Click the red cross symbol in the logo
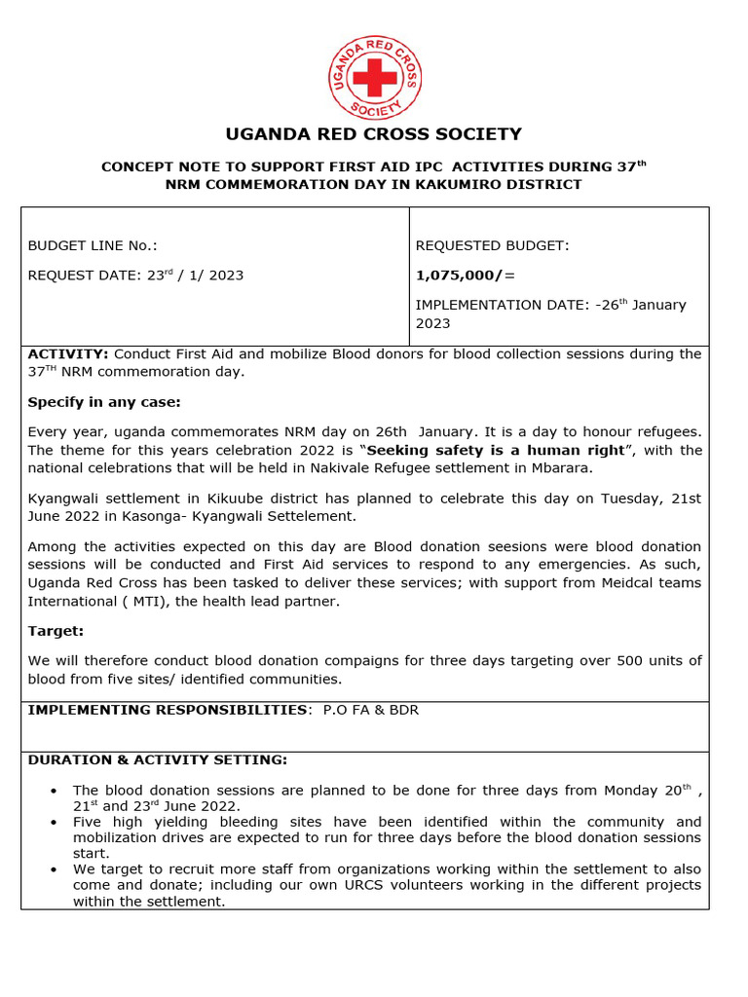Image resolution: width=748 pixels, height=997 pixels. [x=374, y=76]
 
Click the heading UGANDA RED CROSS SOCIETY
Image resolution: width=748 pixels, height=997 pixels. [x=374, y=134]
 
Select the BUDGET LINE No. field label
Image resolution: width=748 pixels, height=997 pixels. [x=93, y=246]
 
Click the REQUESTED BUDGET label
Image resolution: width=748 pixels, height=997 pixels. [x=492, y=246]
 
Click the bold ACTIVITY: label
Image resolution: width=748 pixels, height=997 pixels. [x=68, y=353]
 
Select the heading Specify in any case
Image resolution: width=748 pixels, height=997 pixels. [x=104, y=402]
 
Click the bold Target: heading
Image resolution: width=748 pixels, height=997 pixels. [x=56, y=631]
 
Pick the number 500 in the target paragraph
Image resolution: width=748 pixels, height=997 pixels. [x=597, y=660]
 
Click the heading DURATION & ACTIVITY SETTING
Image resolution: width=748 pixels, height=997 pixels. [x=157, y=759]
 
